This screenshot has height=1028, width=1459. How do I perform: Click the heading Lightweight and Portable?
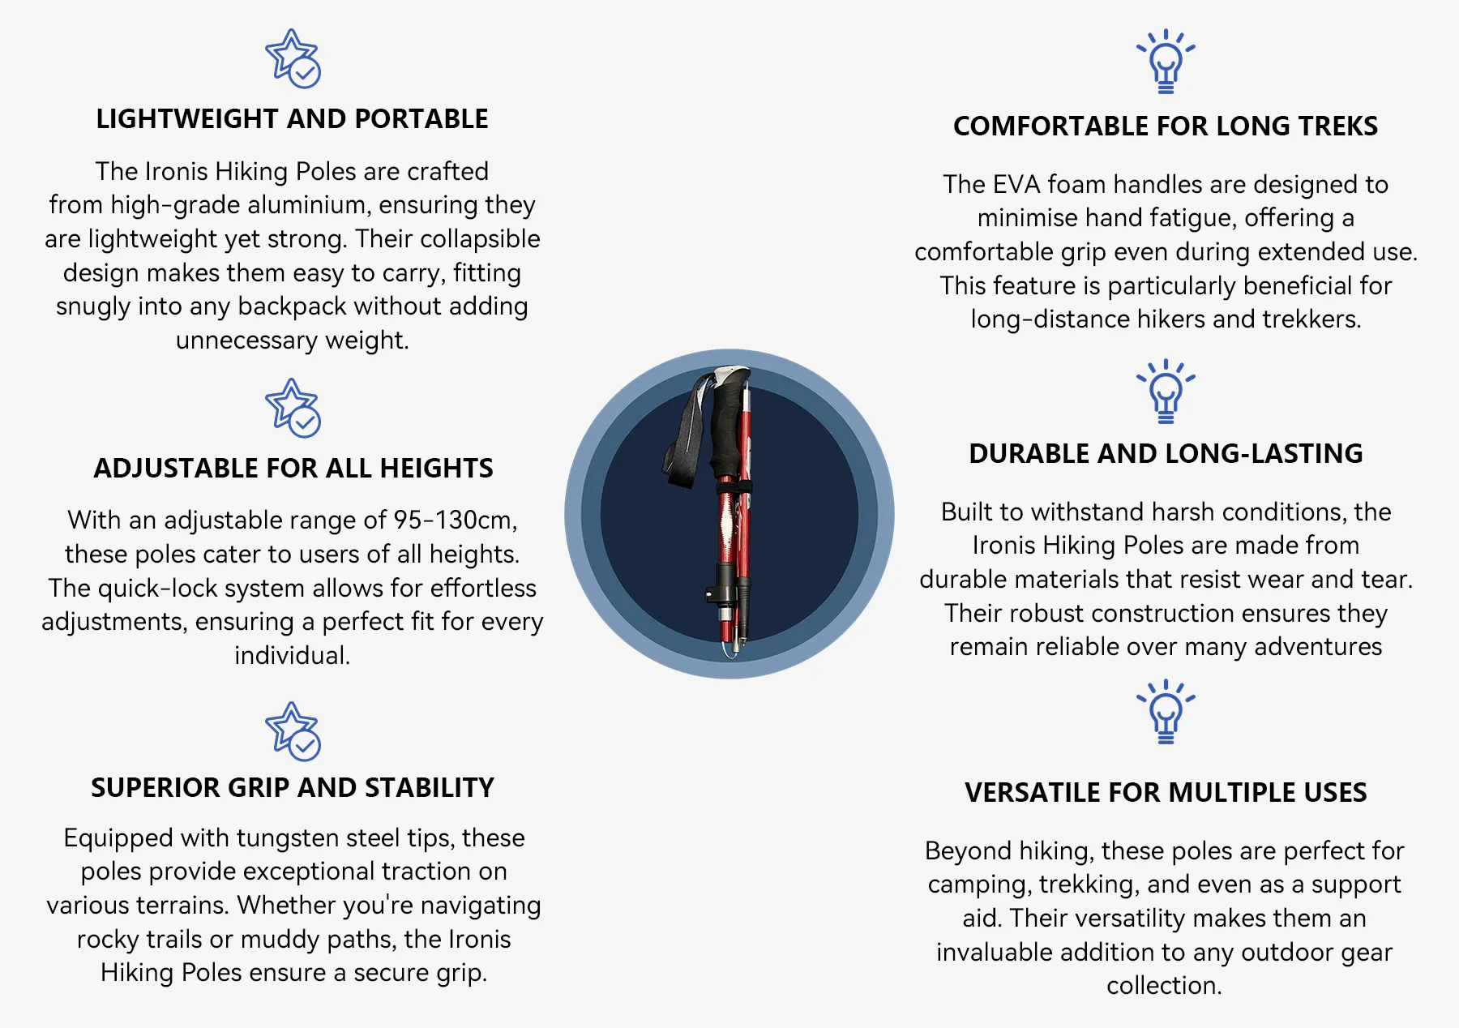[292, 119]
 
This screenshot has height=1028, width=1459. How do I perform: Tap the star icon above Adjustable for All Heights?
[293, 408]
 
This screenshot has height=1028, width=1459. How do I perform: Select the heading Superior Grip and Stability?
[293, 787]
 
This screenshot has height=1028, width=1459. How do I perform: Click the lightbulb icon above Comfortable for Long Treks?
[1166, 61]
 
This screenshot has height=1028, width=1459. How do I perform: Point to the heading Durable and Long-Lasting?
[1166, 453]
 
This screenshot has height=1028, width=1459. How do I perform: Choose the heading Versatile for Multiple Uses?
[1166, 792]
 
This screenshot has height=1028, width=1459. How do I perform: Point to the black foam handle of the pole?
[729, 426]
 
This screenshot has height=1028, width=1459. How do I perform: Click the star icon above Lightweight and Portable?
[293, 58]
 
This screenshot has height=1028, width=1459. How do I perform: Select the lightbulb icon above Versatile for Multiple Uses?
[1166, 713]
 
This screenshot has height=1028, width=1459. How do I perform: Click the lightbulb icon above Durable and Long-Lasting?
[1166, 391]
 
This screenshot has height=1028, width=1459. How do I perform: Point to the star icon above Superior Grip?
[293, 731]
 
